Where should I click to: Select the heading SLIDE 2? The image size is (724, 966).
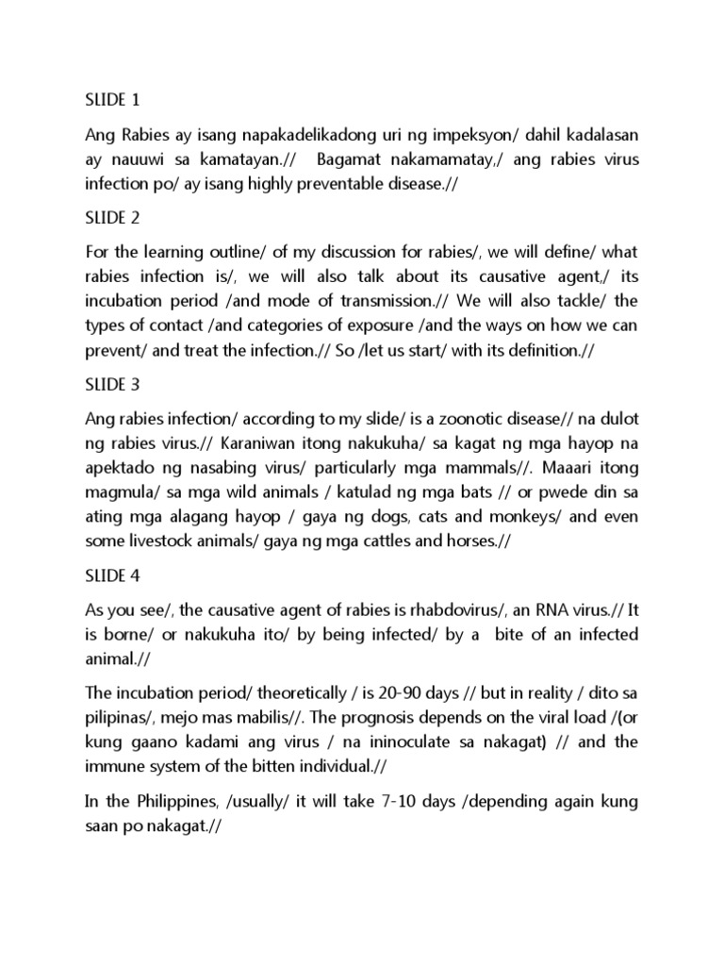(x=111, y=218)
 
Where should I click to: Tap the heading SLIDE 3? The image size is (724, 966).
(x=111, y=385)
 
